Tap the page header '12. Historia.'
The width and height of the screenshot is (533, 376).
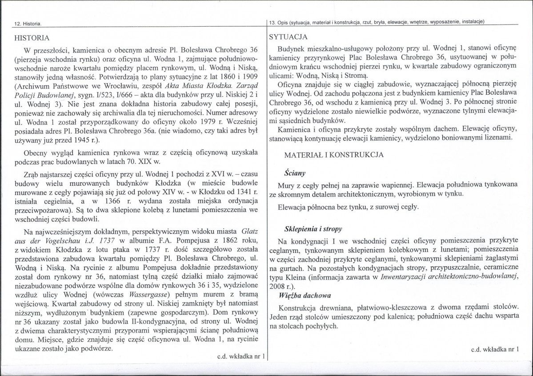coord(26,23)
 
